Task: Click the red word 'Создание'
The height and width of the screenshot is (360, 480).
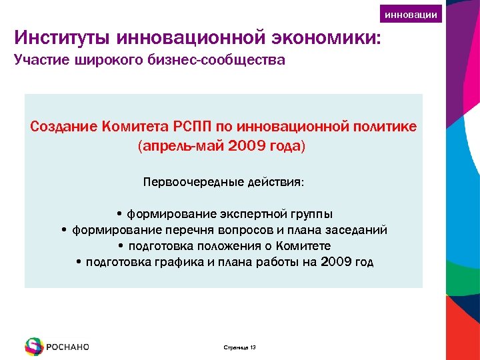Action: pyautogui.click(x=63, y=126)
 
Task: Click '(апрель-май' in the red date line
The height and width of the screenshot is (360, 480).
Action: pyautogui.click(x=175, y=145)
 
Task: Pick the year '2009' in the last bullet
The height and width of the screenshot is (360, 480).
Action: pyautogui.click(x=336, y=262)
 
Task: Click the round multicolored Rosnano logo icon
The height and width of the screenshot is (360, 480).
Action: pyautogui.click(x=34, y=347)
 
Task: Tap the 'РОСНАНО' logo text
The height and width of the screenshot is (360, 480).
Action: pyautogui.click(x=67, y=347)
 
